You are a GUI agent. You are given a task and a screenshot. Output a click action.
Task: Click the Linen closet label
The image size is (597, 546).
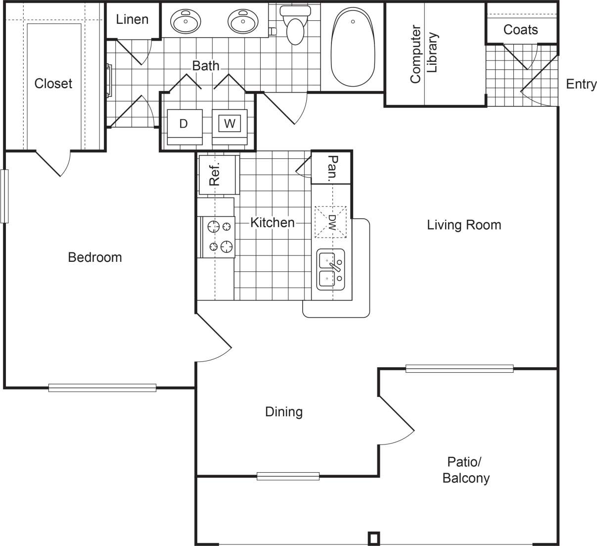tap(132, 20)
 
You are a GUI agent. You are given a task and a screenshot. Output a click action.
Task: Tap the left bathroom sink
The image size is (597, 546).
tap(185, 21)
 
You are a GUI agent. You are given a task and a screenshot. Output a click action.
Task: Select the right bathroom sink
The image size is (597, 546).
tap(243, 21)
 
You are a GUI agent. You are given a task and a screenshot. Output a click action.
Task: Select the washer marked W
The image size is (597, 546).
tap(230, 124)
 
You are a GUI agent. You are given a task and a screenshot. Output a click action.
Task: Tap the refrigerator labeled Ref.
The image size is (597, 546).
tap(218, 175)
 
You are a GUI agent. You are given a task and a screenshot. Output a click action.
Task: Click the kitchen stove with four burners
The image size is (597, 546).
tap(218, 237)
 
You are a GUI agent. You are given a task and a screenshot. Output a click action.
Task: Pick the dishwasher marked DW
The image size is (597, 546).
tap(331, 222)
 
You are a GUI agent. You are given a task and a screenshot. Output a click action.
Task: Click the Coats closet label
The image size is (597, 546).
tap(520, 30)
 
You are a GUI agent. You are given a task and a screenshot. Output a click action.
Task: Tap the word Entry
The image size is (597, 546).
tap(581, 84)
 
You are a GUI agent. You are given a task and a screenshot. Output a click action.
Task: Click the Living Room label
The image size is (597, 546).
tap(463, 225)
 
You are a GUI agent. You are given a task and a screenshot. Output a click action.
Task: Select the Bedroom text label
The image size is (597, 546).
tap(95, 257)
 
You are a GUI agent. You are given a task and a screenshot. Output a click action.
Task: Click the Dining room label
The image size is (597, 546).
tap(284, 412)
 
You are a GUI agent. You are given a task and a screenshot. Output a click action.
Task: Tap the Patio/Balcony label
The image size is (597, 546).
tap(465, 470)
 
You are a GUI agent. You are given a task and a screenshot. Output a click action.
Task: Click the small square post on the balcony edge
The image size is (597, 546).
tap(374, 538)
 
